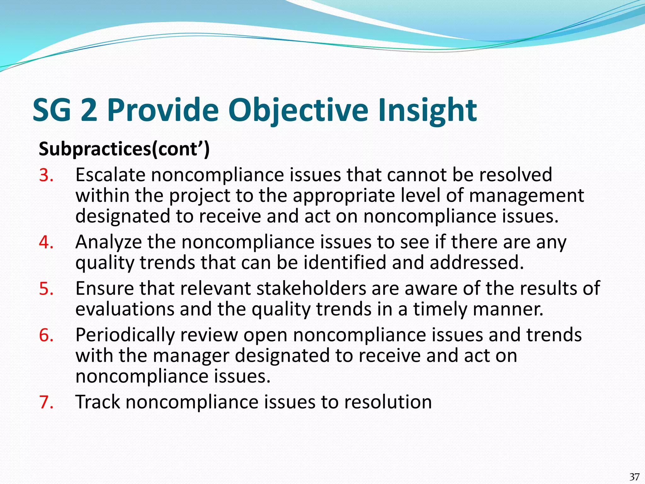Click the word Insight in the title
[x=427, y=110]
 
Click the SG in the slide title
[x=52, y=110]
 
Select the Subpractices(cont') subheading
[x=124, y=149]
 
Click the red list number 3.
[x=46, y=175]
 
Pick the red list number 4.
[x=46, y=242]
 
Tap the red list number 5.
[x=46, y=289]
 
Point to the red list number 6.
[x=46, y=335]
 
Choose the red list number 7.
[x=46, y=402]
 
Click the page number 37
[x=634, y=476]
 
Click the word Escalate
[x=110, y=175]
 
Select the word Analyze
[x=109, y=242]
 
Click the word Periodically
[x=125, y=335]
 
